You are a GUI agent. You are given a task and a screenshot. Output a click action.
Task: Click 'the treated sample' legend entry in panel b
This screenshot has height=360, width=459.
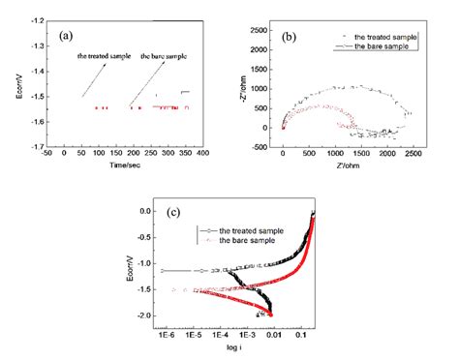386,37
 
